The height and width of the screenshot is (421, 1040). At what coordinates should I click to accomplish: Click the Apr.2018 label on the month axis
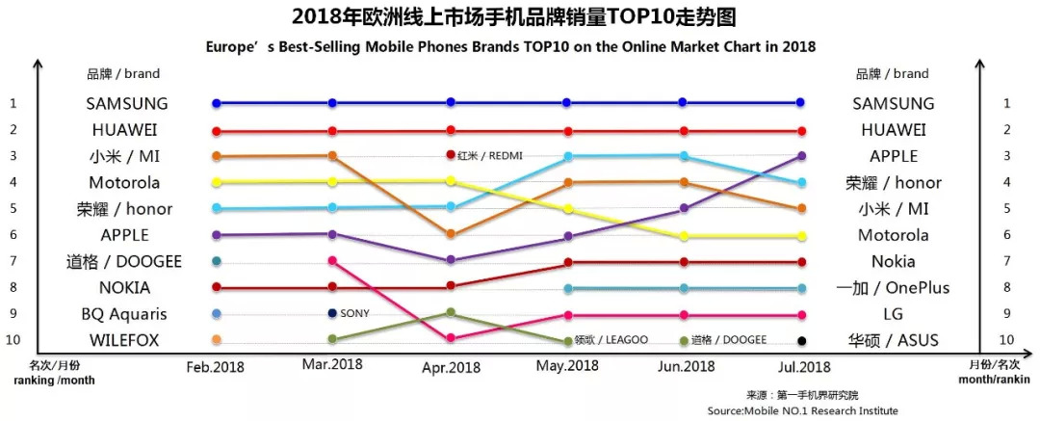(452, 368)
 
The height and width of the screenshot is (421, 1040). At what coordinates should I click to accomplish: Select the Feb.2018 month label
(215, 367)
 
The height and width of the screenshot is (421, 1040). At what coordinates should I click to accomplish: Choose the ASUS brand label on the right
(892, 340)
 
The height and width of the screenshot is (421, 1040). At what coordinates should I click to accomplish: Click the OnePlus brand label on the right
(892, 288)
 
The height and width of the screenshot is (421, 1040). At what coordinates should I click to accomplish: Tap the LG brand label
(892, 314)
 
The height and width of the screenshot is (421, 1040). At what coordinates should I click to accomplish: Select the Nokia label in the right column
(892, 261)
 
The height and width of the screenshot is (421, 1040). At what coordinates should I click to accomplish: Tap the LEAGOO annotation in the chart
(611, 340)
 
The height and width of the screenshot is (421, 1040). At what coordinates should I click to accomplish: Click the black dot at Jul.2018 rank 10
(801, 340)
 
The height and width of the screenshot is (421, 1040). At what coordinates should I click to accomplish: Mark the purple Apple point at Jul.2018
(801, 156)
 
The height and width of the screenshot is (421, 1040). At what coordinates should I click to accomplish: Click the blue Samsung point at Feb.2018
(217, 103)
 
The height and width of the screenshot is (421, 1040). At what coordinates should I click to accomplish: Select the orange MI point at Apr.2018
(451, 234)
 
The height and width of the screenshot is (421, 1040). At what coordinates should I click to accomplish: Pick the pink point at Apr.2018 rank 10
(451, 338)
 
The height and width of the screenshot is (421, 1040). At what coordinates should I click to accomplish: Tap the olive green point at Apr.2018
(451, 312)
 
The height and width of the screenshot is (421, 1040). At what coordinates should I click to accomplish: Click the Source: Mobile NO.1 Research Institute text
(801, 410)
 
